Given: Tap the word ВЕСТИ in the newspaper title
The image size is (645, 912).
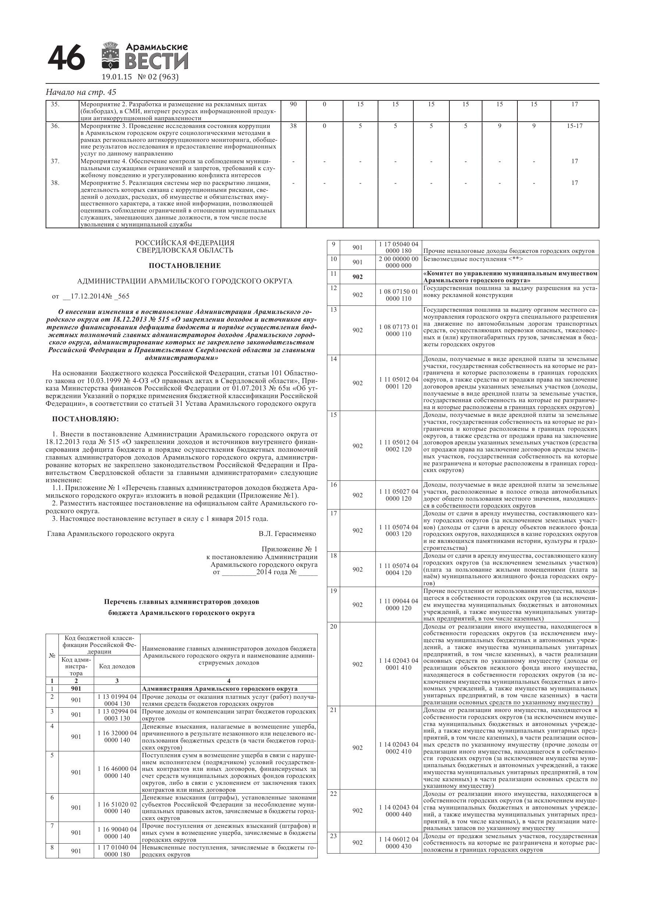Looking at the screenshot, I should [157, 62].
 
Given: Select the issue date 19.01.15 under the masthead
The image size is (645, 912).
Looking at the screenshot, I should [117, 77].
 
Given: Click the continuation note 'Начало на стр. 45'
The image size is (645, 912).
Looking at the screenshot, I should [81, 92].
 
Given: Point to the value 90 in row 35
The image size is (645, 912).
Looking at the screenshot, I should [293, 104].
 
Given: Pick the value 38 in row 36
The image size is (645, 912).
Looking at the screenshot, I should [293, 126].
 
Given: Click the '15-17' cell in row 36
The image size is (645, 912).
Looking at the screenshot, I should [574, 126].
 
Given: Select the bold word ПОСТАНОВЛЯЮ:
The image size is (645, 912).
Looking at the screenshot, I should [85, 419].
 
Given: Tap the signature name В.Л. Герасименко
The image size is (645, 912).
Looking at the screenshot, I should [287, 534].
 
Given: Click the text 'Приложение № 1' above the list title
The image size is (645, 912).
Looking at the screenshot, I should [289, 549].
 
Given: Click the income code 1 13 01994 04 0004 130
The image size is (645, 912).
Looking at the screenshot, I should [117, 700].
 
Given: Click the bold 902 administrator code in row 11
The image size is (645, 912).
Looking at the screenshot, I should [357, 277].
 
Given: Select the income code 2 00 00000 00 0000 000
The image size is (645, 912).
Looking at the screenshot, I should [398, 262].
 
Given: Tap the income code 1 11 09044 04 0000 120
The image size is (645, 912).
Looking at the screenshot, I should [398, 605].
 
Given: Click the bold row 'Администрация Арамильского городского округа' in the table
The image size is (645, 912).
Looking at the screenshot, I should [220, 689].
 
